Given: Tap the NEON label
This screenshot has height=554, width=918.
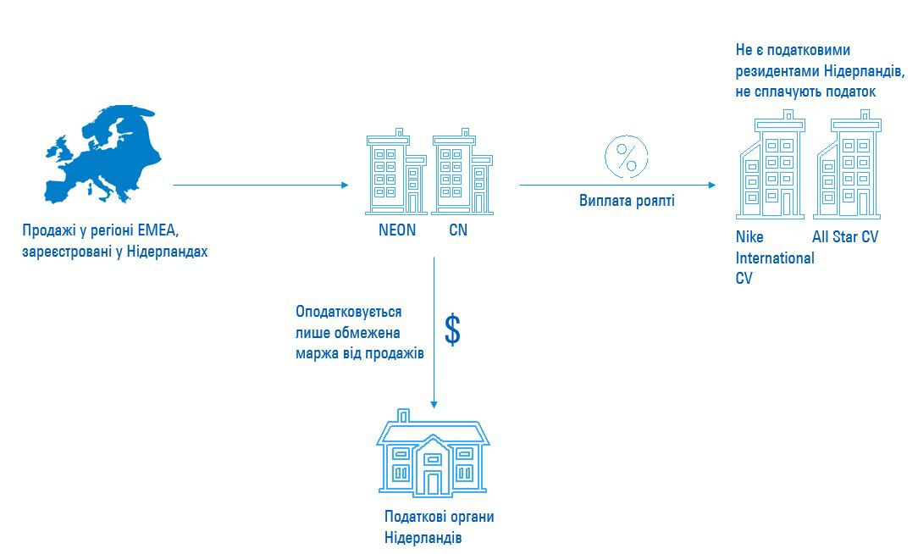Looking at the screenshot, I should [x=397, y=230].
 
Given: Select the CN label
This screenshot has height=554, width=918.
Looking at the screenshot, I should [x=458, y=230].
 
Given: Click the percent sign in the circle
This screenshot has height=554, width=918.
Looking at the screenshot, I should [x=626, y=157].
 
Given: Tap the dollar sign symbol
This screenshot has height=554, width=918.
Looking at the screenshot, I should [x=453, y=330].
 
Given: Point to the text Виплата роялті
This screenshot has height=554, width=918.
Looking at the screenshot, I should [x=627, y=201].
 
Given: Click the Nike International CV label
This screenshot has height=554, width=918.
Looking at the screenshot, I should [x=773, y=258].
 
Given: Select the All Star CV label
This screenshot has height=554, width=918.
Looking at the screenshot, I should [x=845, y=237].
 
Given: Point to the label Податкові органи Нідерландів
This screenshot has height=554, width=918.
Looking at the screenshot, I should [x=438, y=527].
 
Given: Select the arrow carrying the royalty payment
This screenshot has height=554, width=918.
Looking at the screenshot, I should [x=617, y=185].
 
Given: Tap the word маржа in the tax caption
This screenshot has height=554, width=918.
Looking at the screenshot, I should [x=315, y=352].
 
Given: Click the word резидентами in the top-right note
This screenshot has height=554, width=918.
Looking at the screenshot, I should [x=777, y=71].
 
